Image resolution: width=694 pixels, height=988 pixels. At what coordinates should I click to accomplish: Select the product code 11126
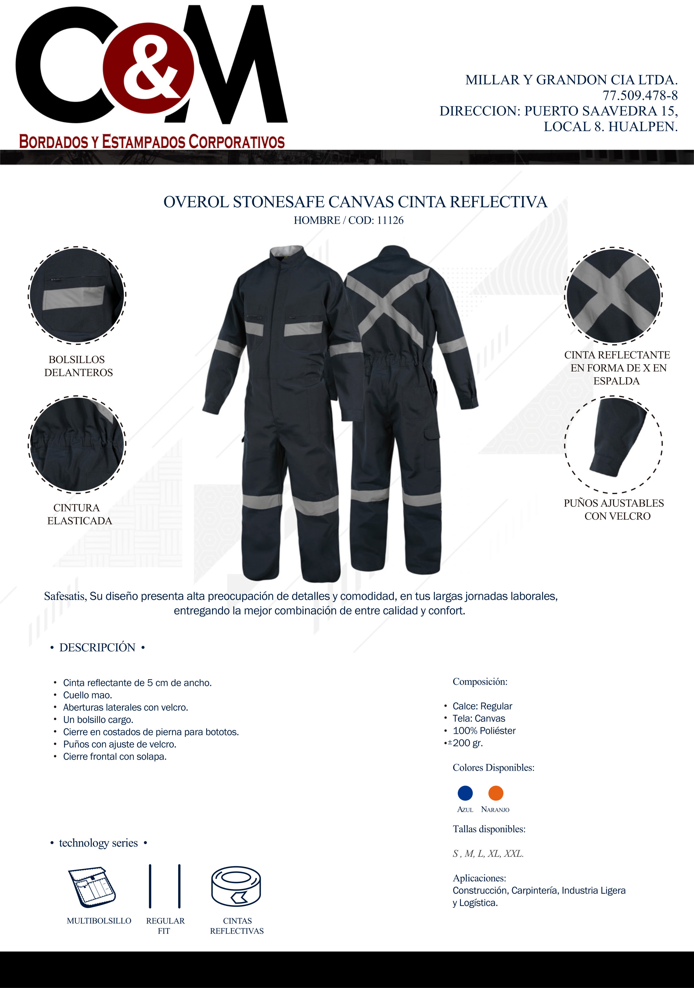(x=390, y=220)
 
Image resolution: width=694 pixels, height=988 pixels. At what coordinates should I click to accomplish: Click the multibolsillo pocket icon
(x=92, y=887)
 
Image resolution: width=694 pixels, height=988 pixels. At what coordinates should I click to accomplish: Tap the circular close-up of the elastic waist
(x=77, y=444)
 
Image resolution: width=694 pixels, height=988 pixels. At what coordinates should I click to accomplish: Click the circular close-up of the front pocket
(x=77, y=295)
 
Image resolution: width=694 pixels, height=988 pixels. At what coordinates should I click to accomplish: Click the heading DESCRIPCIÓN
(x=97, y=647)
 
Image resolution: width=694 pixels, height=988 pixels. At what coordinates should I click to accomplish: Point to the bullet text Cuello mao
(x=87, y=695)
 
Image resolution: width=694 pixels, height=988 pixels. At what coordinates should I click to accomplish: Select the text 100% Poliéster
(x=484, y=731)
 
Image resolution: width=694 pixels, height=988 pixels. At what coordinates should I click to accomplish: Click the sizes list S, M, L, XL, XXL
(x=488, y=853)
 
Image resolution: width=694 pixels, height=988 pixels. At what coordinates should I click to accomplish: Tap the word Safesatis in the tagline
(x=65, y=596)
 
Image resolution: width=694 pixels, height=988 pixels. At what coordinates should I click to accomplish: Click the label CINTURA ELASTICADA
(x=79, y=514)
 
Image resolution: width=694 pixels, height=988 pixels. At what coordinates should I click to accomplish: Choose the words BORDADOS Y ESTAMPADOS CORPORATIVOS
(x=152, y=142)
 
